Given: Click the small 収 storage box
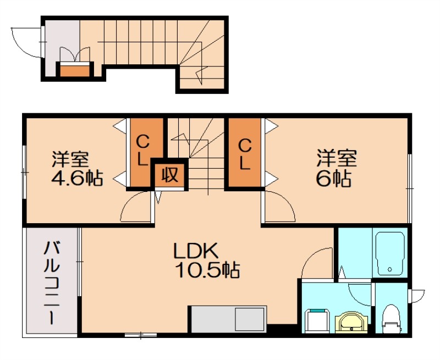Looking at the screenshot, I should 169,175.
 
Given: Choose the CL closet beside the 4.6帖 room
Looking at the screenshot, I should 142,151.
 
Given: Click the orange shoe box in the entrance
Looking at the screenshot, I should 74,70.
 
